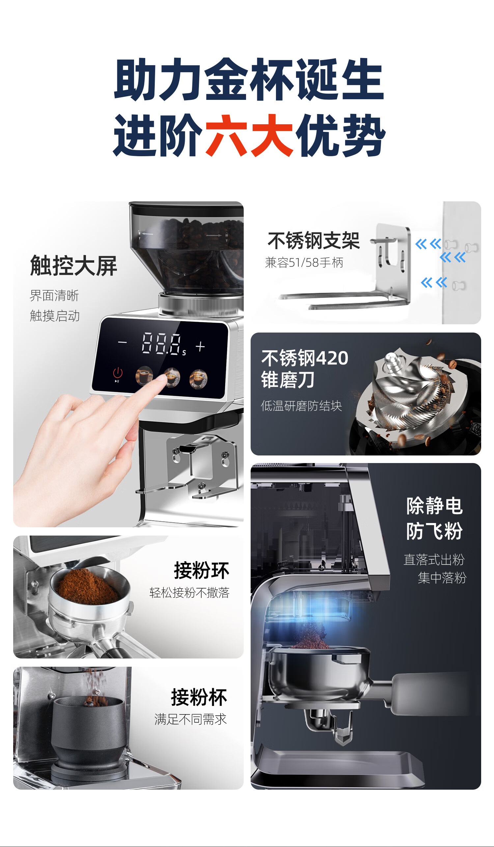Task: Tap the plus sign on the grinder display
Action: click(200, 346)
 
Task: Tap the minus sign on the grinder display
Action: click(123, 342)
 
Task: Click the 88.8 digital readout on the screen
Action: click(161, 343)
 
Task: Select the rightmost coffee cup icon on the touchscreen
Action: click(199, 379)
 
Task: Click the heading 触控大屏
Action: click(73, 266)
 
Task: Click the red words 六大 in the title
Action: click(249, 135)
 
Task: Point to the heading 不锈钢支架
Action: click(314, 241)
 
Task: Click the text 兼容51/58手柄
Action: click(304, 262)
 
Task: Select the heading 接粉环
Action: click(202, 570)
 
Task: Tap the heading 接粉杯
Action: click(199, 697)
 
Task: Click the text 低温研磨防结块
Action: click(301, 406)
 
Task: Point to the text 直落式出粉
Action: click(434, 560)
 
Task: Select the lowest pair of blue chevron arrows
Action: click(434, 282)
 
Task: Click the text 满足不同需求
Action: click(190, 719)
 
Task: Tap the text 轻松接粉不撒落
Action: click(189, 592)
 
